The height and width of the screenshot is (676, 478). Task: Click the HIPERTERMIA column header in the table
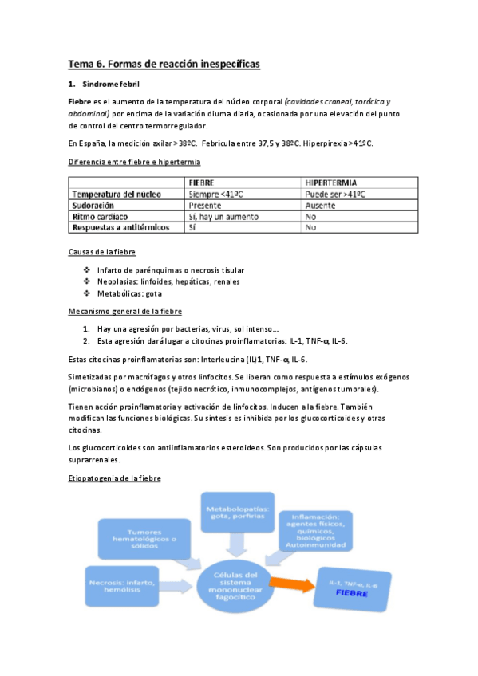[334, 183]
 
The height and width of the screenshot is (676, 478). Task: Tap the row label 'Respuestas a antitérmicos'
[120, 227]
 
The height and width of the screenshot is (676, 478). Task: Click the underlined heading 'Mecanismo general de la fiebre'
[124, 311]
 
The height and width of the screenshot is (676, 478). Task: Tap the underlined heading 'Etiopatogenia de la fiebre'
[114, 478]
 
